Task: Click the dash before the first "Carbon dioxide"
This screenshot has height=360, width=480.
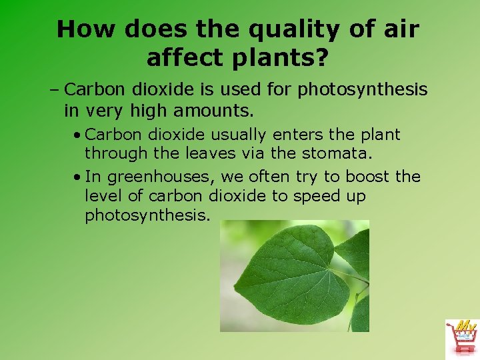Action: (x=55, y=89)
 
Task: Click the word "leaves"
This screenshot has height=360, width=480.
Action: (x=204, y=153)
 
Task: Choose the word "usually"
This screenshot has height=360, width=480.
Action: (x=237, y=134)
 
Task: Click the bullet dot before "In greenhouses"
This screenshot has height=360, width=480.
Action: (x=78, y=177)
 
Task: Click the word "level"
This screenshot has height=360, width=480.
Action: (x=103, y=197)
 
